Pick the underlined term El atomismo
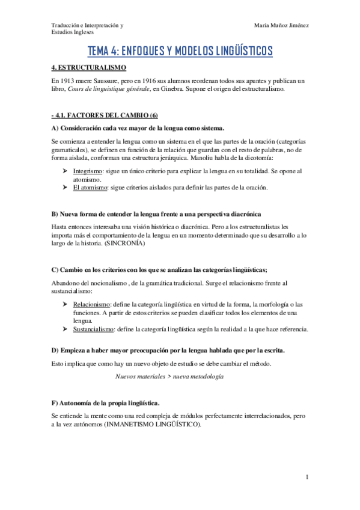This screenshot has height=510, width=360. pos(88,187)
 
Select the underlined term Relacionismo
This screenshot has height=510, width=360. pos(91,305)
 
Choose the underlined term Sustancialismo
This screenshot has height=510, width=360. pos(94,329)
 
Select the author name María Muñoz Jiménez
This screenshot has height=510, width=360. pos(281,25)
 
